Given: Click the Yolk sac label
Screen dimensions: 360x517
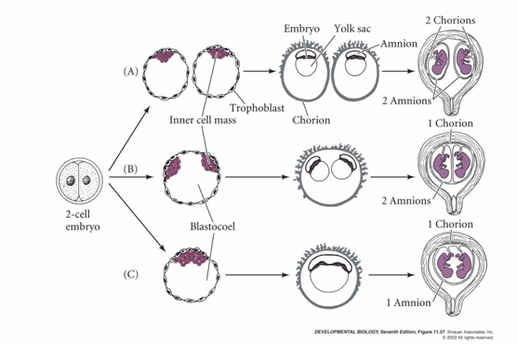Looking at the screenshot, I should pyautogui.click(x=352, y=29).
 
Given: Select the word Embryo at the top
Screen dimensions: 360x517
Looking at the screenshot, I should pyautogui.click(x=302, y=29).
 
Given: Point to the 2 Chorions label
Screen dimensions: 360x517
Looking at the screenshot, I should pyautogui.click(x=447, y=20).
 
